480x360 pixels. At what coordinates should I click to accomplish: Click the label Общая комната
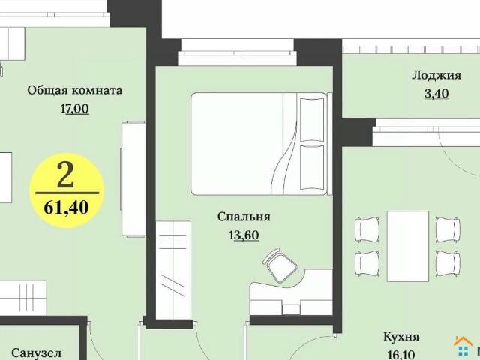pyautogui.click(x=74, y=90)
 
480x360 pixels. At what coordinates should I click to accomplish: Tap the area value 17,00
pyautogui.click(x=74, y=108)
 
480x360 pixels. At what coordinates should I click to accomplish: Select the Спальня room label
pyautogui.click(x=244, y=217)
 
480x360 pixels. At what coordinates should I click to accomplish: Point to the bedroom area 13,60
pyautogui.click(x=244, y=235)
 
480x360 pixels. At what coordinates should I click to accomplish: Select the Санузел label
pyautogui.click(x=36, y=352)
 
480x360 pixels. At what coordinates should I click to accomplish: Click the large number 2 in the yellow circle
pyautogui.click(x=66, y=175)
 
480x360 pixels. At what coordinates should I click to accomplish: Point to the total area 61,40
pyautogui.click(x=66, y=207)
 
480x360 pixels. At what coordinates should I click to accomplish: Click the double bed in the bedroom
pyautogui.click(x=247, y=143)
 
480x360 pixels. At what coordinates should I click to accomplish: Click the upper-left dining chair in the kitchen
pyautogui.click(x=367, y=229)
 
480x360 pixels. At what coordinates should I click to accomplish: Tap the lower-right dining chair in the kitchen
pyautogui.click(x=448, y=262)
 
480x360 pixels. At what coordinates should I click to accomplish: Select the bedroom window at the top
pyautogui.click(x=237, y=58)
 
